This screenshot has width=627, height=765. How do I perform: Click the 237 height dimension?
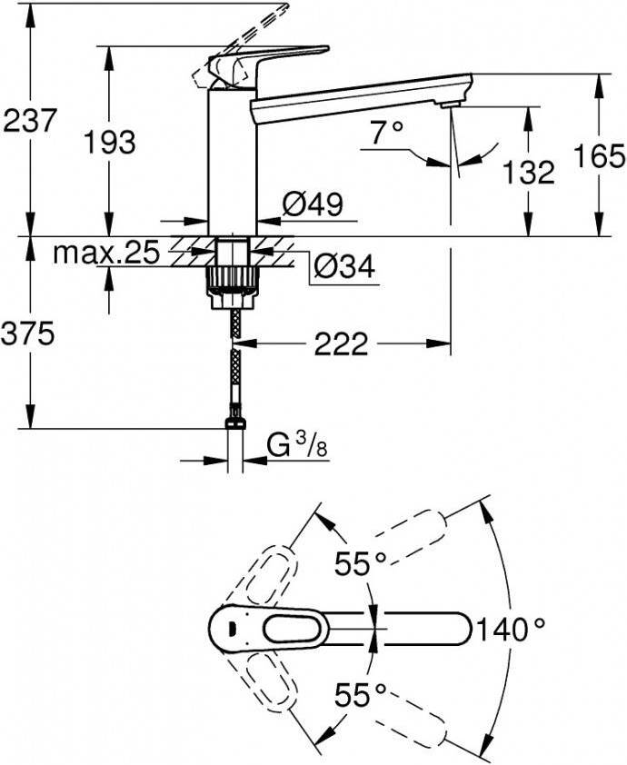coord(29,121)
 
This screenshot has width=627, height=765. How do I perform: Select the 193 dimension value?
coord(109,143)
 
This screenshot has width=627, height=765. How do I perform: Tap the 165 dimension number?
coord(599,156)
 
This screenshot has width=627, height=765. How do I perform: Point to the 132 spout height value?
coord(529,172)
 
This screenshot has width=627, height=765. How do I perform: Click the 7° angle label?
coord(387,133)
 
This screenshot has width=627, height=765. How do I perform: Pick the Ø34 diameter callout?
coord(344,266)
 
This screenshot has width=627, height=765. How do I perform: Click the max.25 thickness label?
coord(106,253)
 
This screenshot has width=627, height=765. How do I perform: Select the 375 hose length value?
coord(27,334)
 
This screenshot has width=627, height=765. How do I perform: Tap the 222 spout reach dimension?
coord(341,344)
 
